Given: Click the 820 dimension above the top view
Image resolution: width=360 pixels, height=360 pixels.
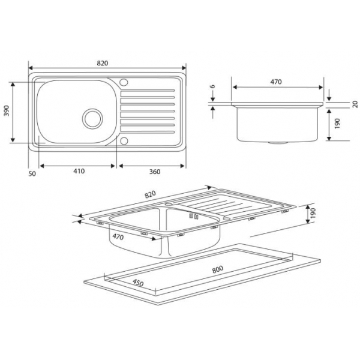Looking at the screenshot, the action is [103, 63].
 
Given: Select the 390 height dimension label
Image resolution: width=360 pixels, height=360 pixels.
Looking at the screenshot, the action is [7, 110].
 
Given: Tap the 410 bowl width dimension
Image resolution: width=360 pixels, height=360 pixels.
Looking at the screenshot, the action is [79, 171].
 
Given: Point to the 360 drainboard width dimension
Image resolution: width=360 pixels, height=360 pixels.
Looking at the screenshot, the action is [155, 172].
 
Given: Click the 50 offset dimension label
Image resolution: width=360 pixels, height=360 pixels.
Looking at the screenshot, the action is [32, 174].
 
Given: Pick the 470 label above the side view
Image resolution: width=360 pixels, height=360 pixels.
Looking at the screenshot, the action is [276, 82].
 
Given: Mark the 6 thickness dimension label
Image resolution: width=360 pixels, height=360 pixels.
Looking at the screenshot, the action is [213, 86].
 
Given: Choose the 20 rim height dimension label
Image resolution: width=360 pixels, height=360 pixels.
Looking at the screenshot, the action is [355, 104].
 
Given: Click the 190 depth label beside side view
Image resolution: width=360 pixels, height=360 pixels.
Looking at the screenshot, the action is [337, 124].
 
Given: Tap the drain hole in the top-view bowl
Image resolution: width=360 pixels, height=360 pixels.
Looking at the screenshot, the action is [92, 119].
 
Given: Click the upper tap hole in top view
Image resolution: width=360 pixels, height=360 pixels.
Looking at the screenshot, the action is [124, 82].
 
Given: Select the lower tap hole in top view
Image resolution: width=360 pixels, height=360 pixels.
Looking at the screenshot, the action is [124, 141].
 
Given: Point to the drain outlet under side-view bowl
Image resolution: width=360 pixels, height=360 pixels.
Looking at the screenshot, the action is [278, 143].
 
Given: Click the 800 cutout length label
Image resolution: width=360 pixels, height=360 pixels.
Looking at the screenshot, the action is [217, 269].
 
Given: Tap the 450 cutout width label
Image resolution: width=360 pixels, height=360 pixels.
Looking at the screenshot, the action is [138, 283].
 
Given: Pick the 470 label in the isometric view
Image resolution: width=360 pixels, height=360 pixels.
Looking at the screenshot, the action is [118, 236].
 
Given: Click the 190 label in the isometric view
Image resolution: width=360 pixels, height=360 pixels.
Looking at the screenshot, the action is [313, 213].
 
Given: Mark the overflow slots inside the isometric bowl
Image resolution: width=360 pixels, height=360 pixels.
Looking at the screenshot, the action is [194, 216].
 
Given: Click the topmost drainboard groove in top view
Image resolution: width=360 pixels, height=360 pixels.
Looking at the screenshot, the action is [148, 91].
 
